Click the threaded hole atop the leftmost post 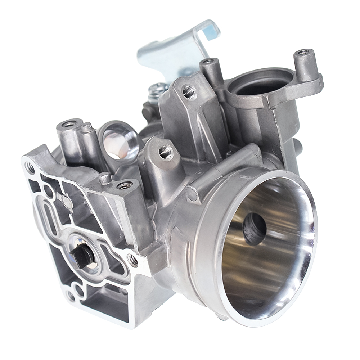(x=68, y=124)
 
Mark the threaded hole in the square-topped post (x=125, y=185)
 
